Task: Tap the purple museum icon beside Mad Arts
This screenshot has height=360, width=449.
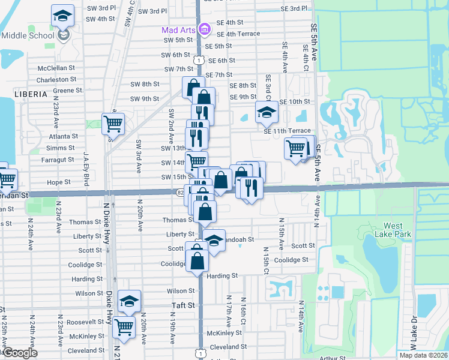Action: click(204, 29)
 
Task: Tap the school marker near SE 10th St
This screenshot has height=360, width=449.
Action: click(267, 112)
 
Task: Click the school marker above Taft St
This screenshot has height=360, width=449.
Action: click(129, 301)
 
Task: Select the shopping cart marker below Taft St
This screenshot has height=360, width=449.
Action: click(124, 327)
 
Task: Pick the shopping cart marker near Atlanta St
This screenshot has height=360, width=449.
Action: click(113, 124)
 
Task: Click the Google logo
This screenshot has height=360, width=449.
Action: click(20, 353)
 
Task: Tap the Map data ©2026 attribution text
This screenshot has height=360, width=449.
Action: click(423, 355)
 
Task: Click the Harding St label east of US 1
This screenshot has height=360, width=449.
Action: click(223, 276)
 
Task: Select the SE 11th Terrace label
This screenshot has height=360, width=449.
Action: click(287, 130)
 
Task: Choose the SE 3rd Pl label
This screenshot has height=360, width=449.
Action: click(294, 9)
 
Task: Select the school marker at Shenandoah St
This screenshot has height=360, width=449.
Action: click(214, 239)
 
